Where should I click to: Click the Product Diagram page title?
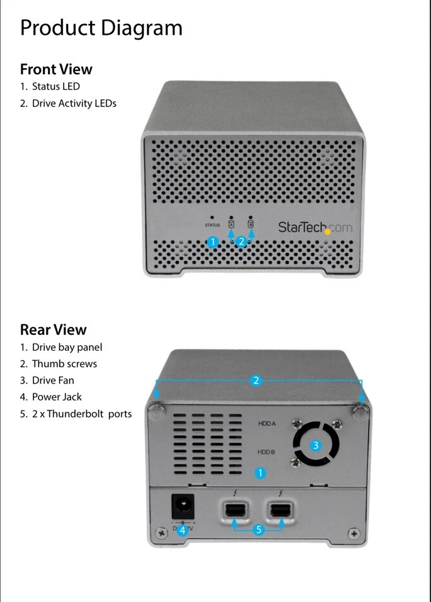click(x=101, y=28)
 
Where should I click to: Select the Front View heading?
click(x=56, y=69)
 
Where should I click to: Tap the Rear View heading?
click(x=53, y=329)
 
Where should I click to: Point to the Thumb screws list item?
click(x=64, y=364)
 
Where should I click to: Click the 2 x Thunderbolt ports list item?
click(x=82, y=414)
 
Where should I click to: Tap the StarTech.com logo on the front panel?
click(x=315, y=227)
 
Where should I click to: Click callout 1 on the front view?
click(x=213, y=242)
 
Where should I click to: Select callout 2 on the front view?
click(x=241, y=241)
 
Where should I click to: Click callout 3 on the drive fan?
click(x=316, y=445)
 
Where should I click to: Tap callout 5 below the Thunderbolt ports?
click(x=258, y=530)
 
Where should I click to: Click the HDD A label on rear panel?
click(x=267, y=424)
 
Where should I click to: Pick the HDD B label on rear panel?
click(x=267, y=452)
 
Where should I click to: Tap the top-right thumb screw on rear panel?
click(x=360, y=412)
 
